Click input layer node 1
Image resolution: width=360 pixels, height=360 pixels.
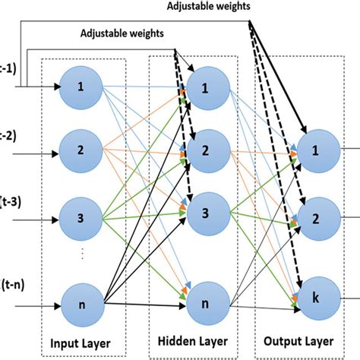(x=81, y=86)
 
